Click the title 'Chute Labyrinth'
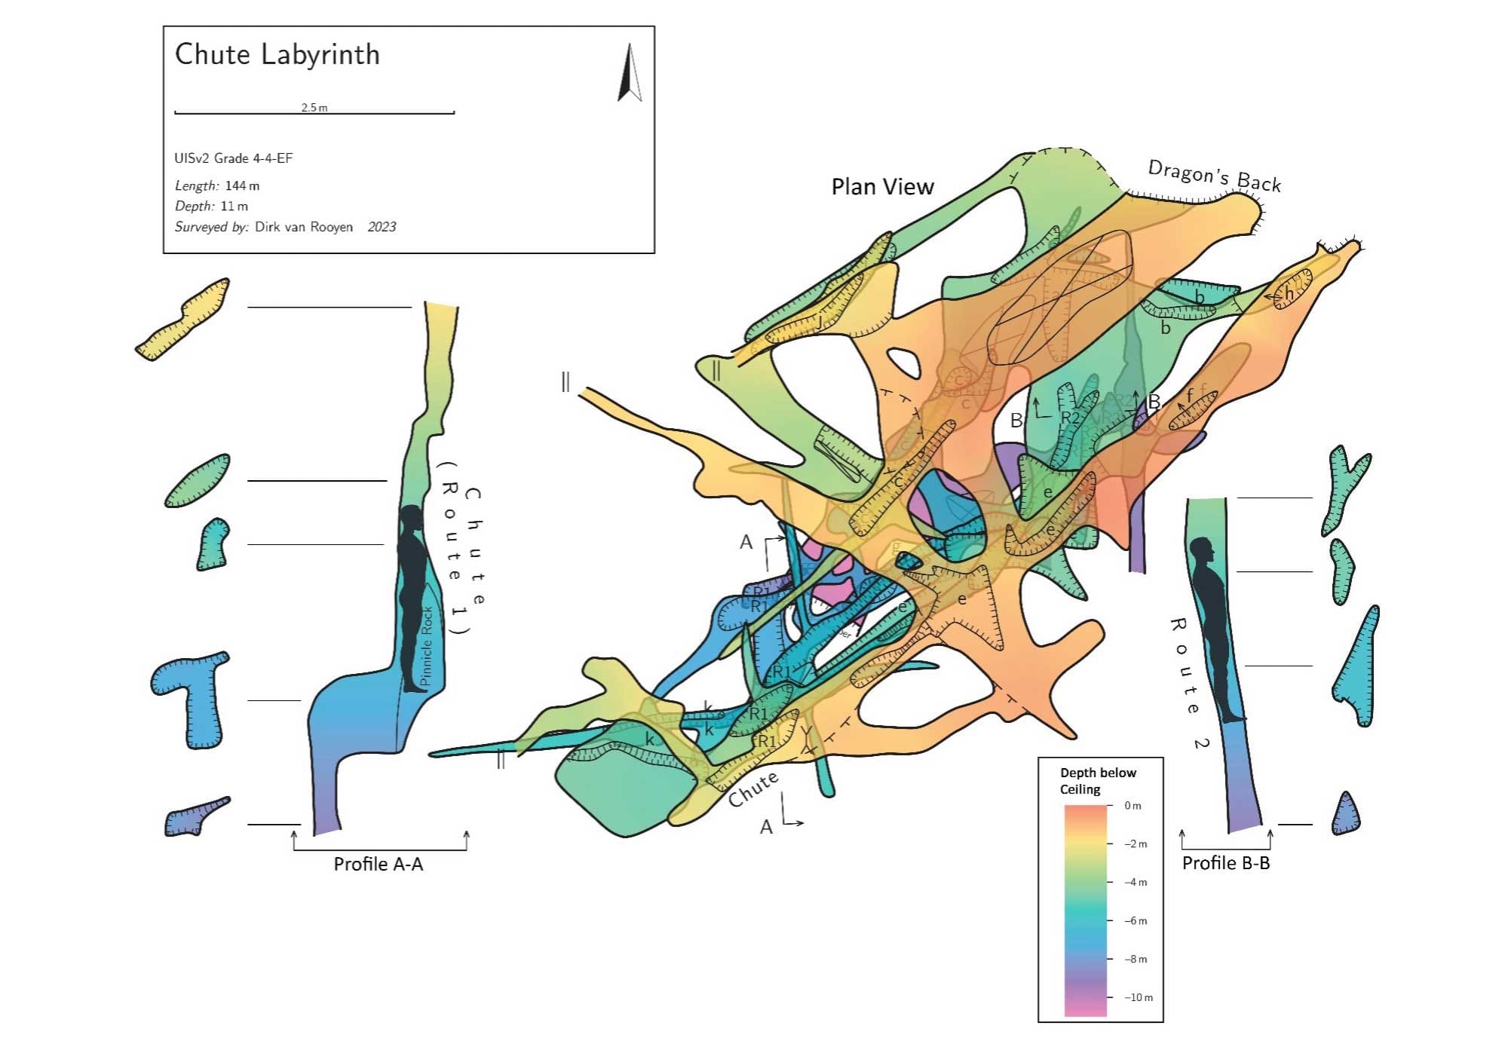pos(277,55)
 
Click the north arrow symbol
pos(630,73)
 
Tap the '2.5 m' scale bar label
pos(314,108)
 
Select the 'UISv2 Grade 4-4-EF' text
pos(233,158)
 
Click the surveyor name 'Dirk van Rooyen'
pos(304,227)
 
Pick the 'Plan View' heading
pos(882,187)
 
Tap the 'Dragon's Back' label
pos(1214,175)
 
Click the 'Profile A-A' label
pos(379,864)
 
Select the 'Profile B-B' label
pos(1226,863)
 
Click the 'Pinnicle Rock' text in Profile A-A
pos(427,646)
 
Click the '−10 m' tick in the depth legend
pos(1138,997)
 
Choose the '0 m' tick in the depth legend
pos(1133,806)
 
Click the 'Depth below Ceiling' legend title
pos(1097,781)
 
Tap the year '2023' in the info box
pos(382,227)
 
